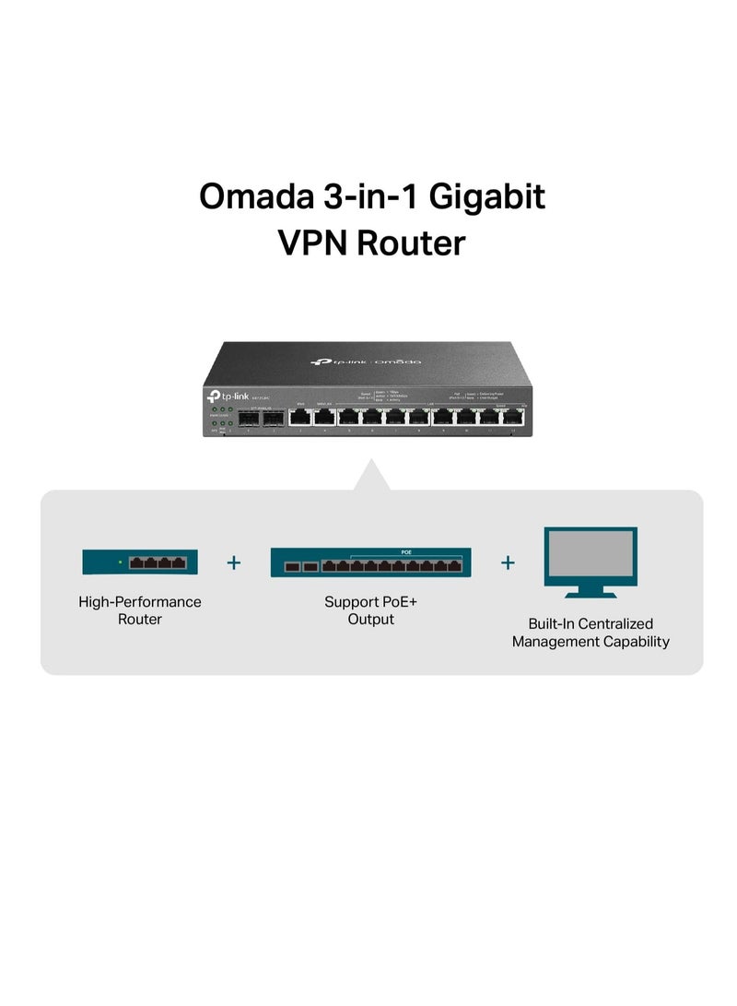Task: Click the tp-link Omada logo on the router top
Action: click(x=366, y=361)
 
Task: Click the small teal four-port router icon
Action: click(x=139, y=562)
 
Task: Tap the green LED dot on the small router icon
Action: click(x=120, y=561)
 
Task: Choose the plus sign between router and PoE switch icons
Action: click(x=234, y=562)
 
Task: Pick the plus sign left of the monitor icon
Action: click(x=508, y=562)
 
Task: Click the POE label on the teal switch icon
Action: click(x=406, y=552)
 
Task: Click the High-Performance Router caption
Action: click(x=139, y=610)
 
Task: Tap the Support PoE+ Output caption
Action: click(x=370, y=610)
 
